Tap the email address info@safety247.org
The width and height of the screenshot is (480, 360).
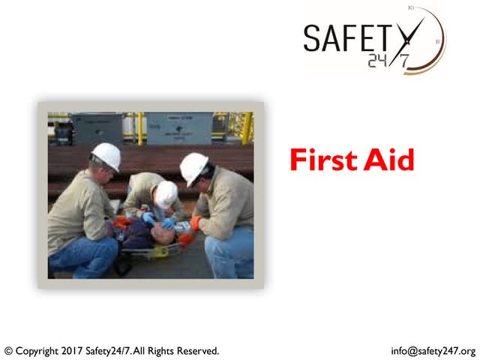coord(433,350)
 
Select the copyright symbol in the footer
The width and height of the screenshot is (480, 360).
coord(9,350)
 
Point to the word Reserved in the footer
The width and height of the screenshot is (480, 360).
coord(196,350)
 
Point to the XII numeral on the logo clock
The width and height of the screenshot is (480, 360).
coord(411,7)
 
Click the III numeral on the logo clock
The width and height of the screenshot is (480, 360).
coord(438,42)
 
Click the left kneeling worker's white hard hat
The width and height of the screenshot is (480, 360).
coord(106,156)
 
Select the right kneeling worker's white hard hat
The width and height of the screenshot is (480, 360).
coord(194,167)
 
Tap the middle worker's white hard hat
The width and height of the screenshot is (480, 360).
coord(166,194)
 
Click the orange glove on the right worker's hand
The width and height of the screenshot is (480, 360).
coord(196,223)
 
